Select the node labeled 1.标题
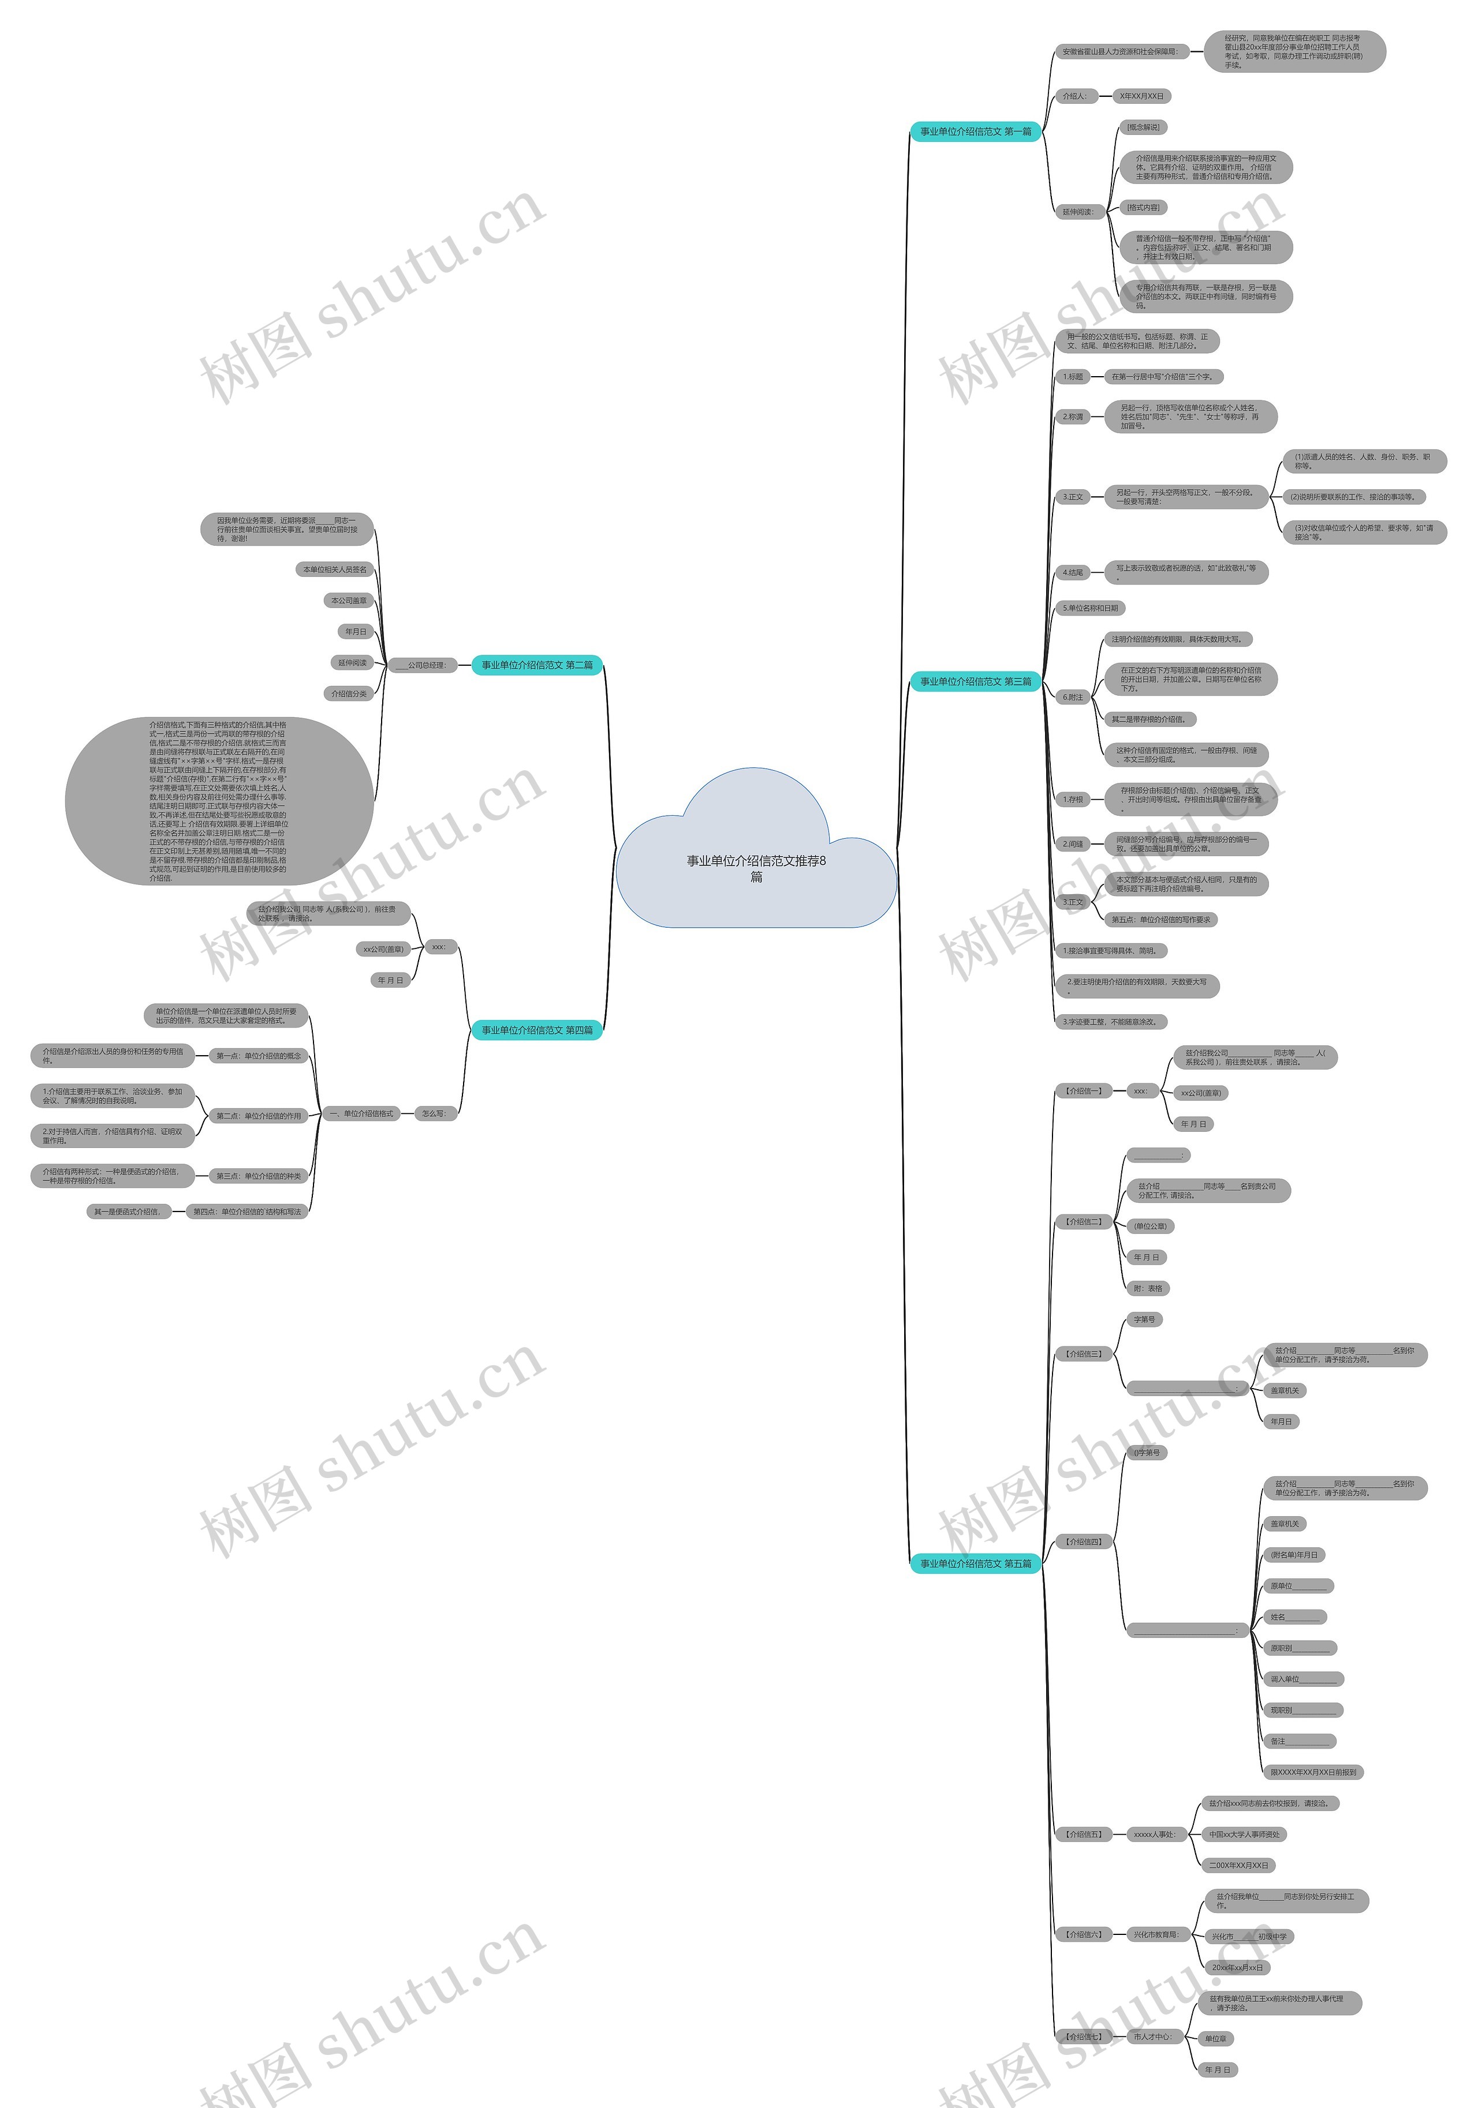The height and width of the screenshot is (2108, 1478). click(1073, 376)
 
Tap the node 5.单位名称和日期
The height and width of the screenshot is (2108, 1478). click(1091, 608)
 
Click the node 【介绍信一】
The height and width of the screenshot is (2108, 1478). click(1084, 1091)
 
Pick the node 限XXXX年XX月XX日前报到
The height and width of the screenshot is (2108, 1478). click(1313, 1772)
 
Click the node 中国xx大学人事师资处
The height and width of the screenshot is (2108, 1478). click(1244, 1835)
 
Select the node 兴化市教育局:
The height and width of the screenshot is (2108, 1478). click(1155, 1934)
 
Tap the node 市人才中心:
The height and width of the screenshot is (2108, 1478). click(1152, 2036)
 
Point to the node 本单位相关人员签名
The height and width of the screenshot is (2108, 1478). click(335, 569)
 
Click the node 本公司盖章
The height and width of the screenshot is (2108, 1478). click(349, 601)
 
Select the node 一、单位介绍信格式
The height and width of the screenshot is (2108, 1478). click(361, 1113)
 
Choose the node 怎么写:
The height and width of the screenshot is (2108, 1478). click(434, 1113)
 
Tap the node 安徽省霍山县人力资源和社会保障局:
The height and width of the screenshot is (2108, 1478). click(1119, 51)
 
